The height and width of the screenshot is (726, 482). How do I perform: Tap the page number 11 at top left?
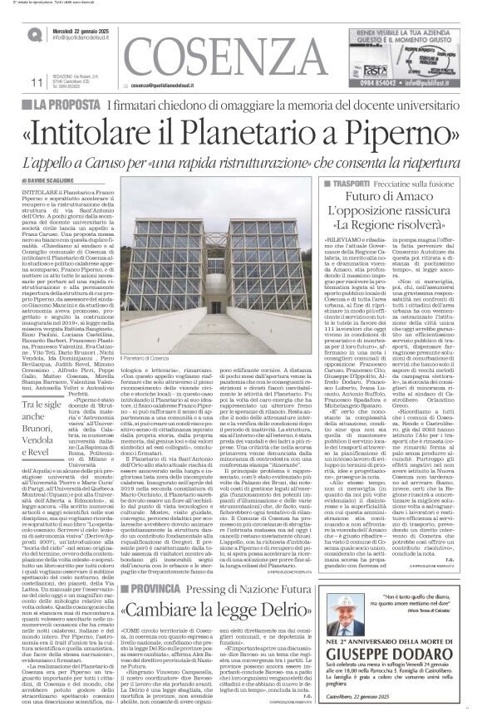pyautogui.click(x=35, y=83)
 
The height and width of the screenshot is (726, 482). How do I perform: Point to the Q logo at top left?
pyautogui.click(x=35, y=34)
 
